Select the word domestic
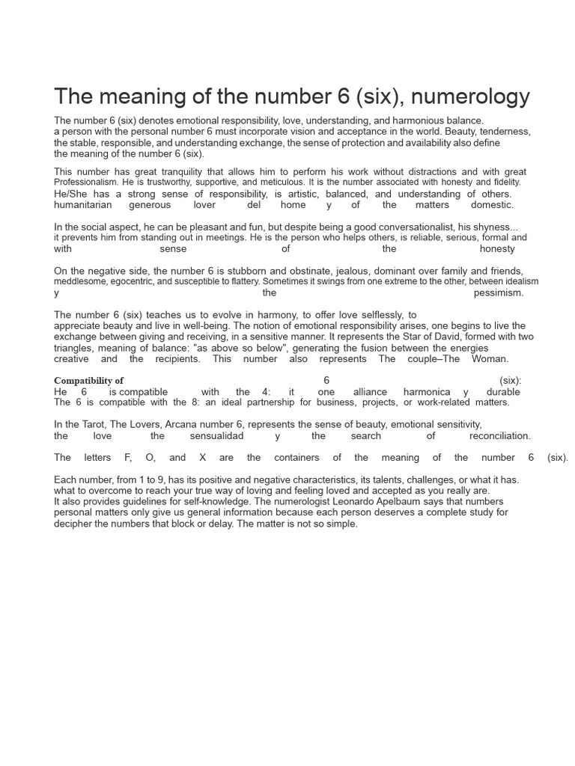pos(492,205)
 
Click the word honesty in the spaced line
pos(497,249)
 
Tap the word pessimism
pos(499,293)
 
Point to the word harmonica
pos(427,392)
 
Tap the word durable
pos(503,392)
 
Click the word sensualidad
pos(217,436)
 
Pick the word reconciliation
pos(500,436)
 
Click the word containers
pos(297,458)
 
